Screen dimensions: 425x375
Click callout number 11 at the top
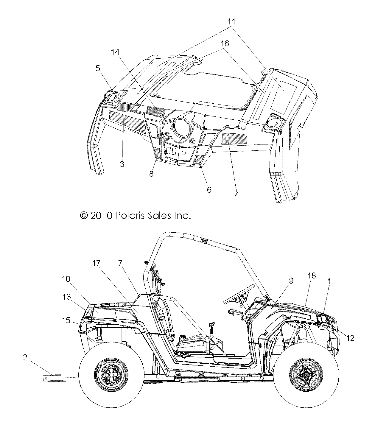pos(231,21)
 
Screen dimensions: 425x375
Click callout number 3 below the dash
pos(122,164)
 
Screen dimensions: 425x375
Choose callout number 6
pos(209,189)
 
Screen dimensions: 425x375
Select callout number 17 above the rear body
pos(96,263)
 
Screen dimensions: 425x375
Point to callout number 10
pos(66,279)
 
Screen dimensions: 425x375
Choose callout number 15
pos(66,320)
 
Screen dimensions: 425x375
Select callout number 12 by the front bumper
pos(351,338)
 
